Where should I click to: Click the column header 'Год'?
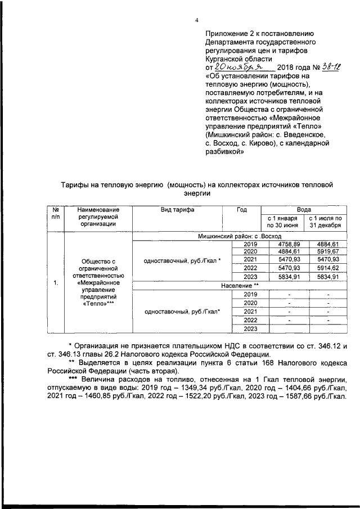pos(242,209)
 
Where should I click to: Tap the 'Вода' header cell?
pos(304,209)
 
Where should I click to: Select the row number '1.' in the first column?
pos(55,283)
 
